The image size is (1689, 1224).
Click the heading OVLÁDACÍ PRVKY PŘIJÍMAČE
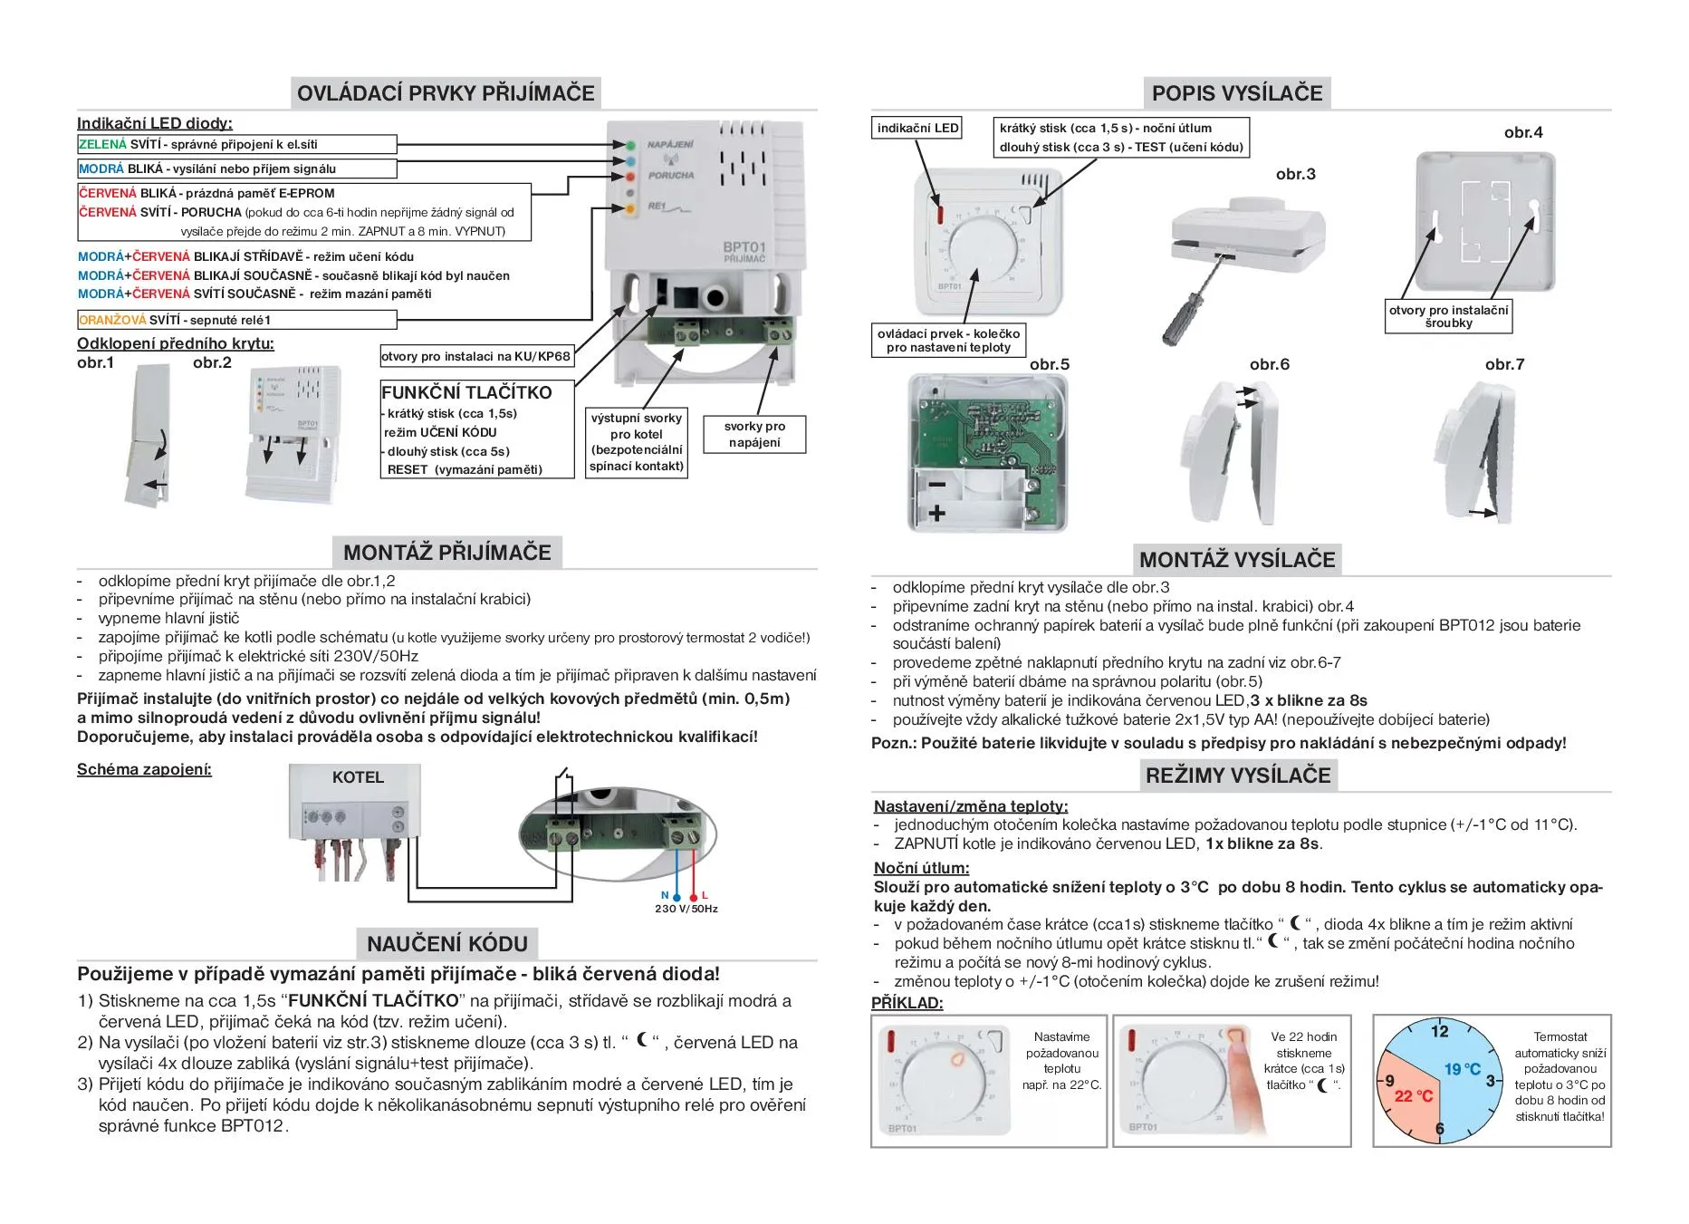[446, 93]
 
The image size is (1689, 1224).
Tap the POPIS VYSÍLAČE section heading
[1237, 93]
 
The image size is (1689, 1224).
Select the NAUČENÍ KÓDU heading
[447, 944]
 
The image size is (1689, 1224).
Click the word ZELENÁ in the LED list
[102, 145]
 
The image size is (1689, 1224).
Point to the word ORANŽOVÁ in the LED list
[112, 320]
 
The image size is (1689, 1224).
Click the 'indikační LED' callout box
[917, 129]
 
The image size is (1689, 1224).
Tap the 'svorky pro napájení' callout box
[754, 434]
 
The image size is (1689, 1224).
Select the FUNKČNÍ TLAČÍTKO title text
[466, 392]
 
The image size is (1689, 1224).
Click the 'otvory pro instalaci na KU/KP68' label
[475, 356]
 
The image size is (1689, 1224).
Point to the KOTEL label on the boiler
[358, 777]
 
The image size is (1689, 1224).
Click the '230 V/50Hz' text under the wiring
[686, 909]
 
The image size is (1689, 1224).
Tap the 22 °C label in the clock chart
[1414, 1096]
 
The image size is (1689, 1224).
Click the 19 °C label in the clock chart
[1463, 1069]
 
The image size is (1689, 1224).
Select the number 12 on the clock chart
[1440, 1031]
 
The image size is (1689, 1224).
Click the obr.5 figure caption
[1050, 364]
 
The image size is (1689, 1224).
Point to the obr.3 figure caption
[1295, 174]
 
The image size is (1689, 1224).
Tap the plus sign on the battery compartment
[937, 514]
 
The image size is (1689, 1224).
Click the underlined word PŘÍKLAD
[907, 1003]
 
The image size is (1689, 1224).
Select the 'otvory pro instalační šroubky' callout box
[1448, 316]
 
